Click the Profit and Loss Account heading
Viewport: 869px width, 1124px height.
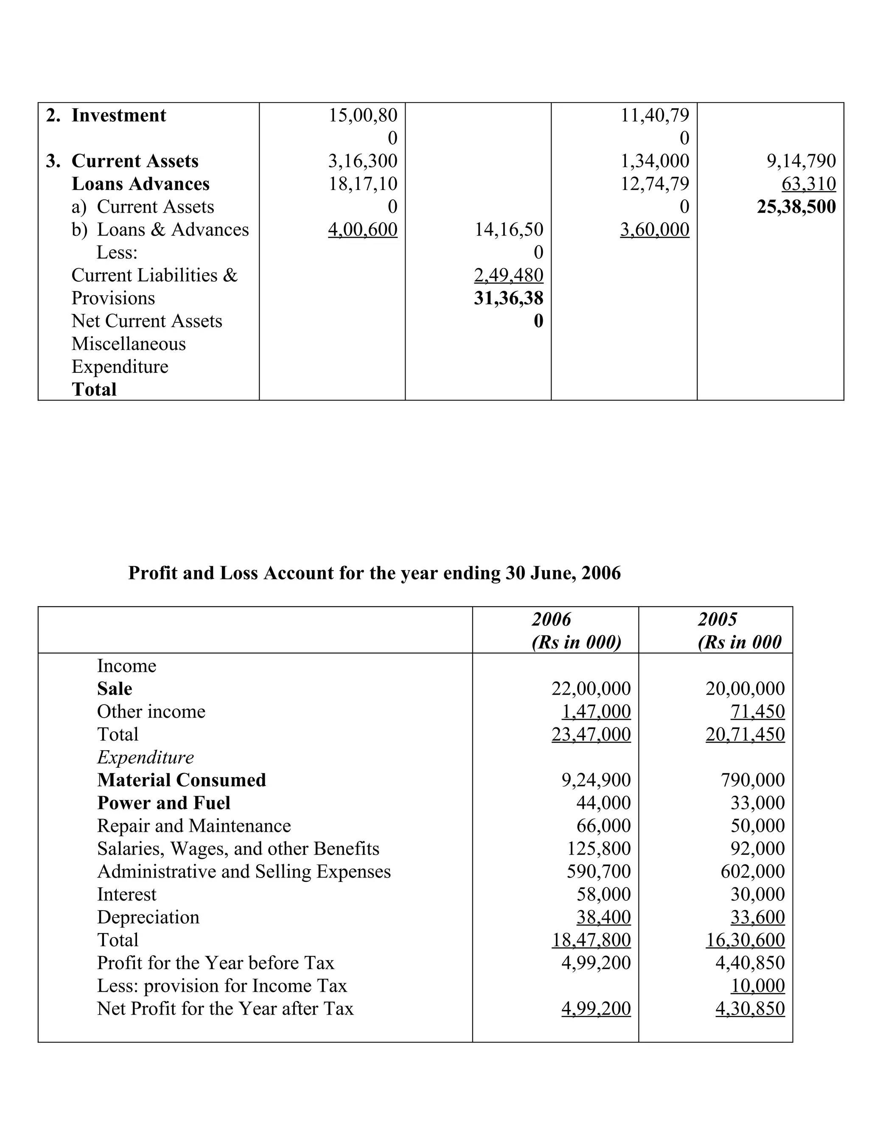[374, 573]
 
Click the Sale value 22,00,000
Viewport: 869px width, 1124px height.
[591, 688]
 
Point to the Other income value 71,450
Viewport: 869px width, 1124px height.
[757, 711]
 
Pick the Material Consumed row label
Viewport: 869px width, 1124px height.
[181, 780]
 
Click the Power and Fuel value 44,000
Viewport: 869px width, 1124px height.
[603, 803]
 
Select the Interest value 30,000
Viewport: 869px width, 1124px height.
[757, 894]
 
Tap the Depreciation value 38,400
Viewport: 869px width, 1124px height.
[603, 917]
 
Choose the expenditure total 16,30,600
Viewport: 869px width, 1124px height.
[745, 940]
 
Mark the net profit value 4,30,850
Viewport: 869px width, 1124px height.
[750, 1008]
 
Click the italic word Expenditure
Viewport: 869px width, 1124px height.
[146, 757]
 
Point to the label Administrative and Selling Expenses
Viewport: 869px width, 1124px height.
[244, 871]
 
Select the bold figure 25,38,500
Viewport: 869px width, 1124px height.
[796, 207]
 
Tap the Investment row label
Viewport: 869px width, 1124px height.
[118, 115]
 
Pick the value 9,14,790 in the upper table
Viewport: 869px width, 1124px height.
[801, 161]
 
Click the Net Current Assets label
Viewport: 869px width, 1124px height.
[147, 321]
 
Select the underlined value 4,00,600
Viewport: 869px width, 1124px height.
[362, 229]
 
